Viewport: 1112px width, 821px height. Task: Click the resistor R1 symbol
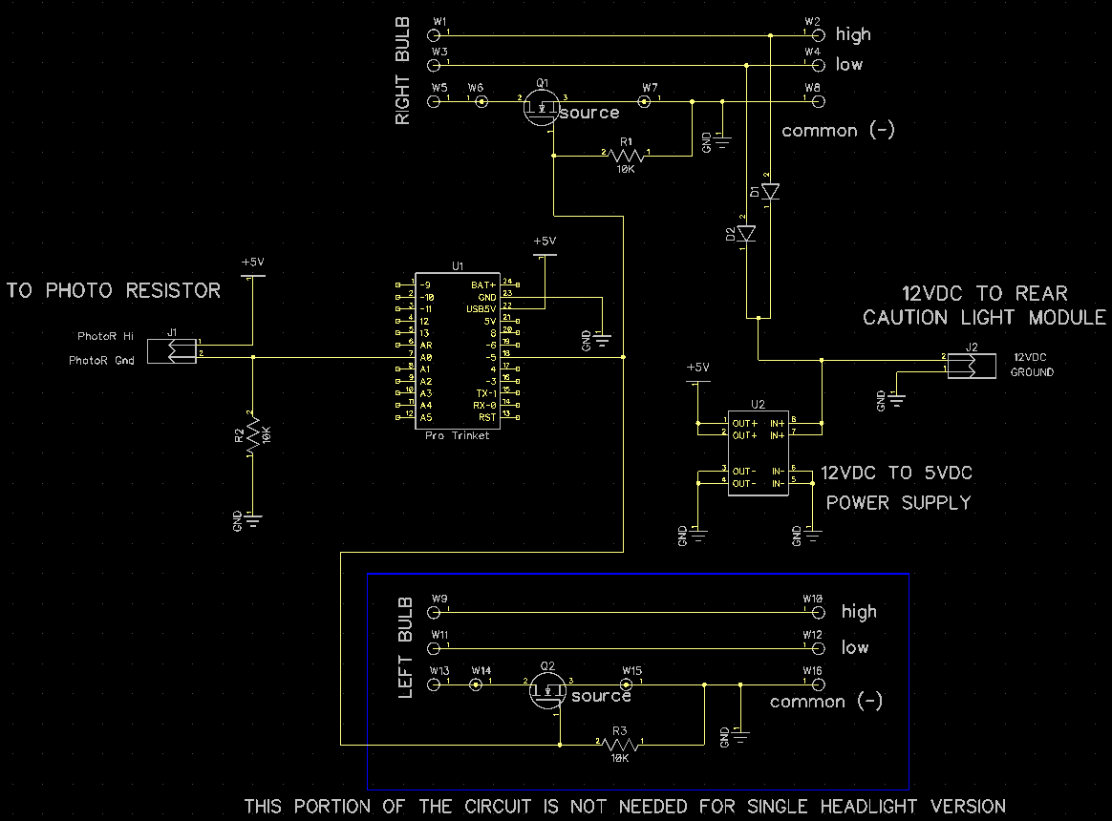pos(626,155)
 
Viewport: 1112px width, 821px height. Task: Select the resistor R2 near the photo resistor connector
pos(251,436)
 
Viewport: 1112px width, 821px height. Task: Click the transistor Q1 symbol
pos(542,106)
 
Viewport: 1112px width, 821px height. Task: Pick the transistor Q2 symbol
pos(547,689)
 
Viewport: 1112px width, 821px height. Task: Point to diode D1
pos(770,191)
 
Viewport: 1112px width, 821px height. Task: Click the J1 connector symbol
pos(176,350)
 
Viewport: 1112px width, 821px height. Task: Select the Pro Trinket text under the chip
pos(457,435)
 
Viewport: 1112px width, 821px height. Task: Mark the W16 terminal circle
pos(817,684)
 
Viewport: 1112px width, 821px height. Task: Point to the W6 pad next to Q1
pos(481,100)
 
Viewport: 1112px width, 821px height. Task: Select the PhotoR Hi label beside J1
pos(105,337)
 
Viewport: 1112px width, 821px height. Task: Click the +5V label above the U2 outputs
pos(698,368)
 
